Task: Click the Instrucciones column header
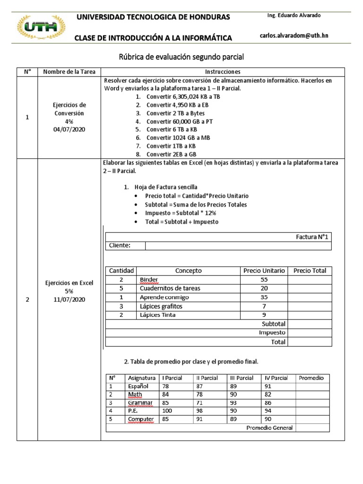[x=223, y=72]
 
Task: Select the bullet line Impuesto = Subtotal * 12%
[x=181, y=213]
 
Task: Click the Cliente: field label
[x=120, y=245]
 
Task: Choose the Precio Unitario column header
[x=264, y=271]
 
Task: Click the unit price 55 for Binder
[x=264, y=280]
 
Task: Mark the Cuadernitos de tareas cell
[x=170, y=288]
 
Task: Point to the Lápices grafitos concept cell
[x=161, y=306]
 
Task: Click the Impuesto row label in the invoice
[x=272, y=332]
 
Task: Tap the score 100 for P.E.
[x=169, y=411]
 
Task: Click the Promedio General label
[x=270, y=428]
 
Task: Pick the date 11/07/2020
[x=69, y=300]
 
